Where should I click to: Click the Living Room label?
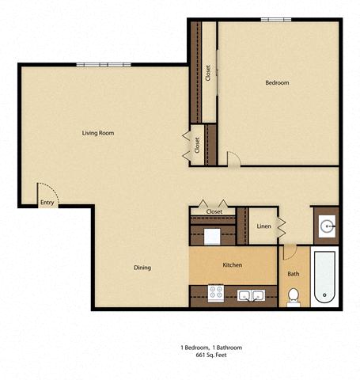pos(98,133)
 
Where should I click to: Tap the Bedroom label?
pos(277,82)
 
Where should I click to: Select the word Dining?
pos(142,268)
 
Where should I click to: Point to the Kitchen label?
pos(233,265)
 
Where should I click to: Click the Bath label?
pos(294,274)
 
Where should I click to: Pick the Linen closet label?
pos(263,226)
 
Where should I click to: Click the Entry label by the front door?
pos(47,203)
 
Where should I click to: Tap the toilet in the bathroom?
pos(294,298)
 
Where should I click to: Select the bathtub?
pos(324,277)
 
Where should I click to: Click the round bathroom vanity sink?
pos(327,226)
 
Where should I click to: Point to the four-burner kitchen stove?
pos(216,293)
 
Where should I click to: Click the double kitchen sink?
pos(251,295)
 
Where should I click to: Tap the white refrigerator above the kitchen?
pos(212,237)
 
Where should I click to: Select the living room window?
pos(104,65)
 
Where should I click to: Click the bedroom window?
pos(276,20)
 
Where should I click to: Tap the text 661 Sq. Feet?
pos(211,355)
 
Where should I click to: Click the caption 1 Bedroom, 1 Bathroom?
pos(211,348)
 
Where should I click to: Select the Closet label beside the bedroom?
pos(208,73)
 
